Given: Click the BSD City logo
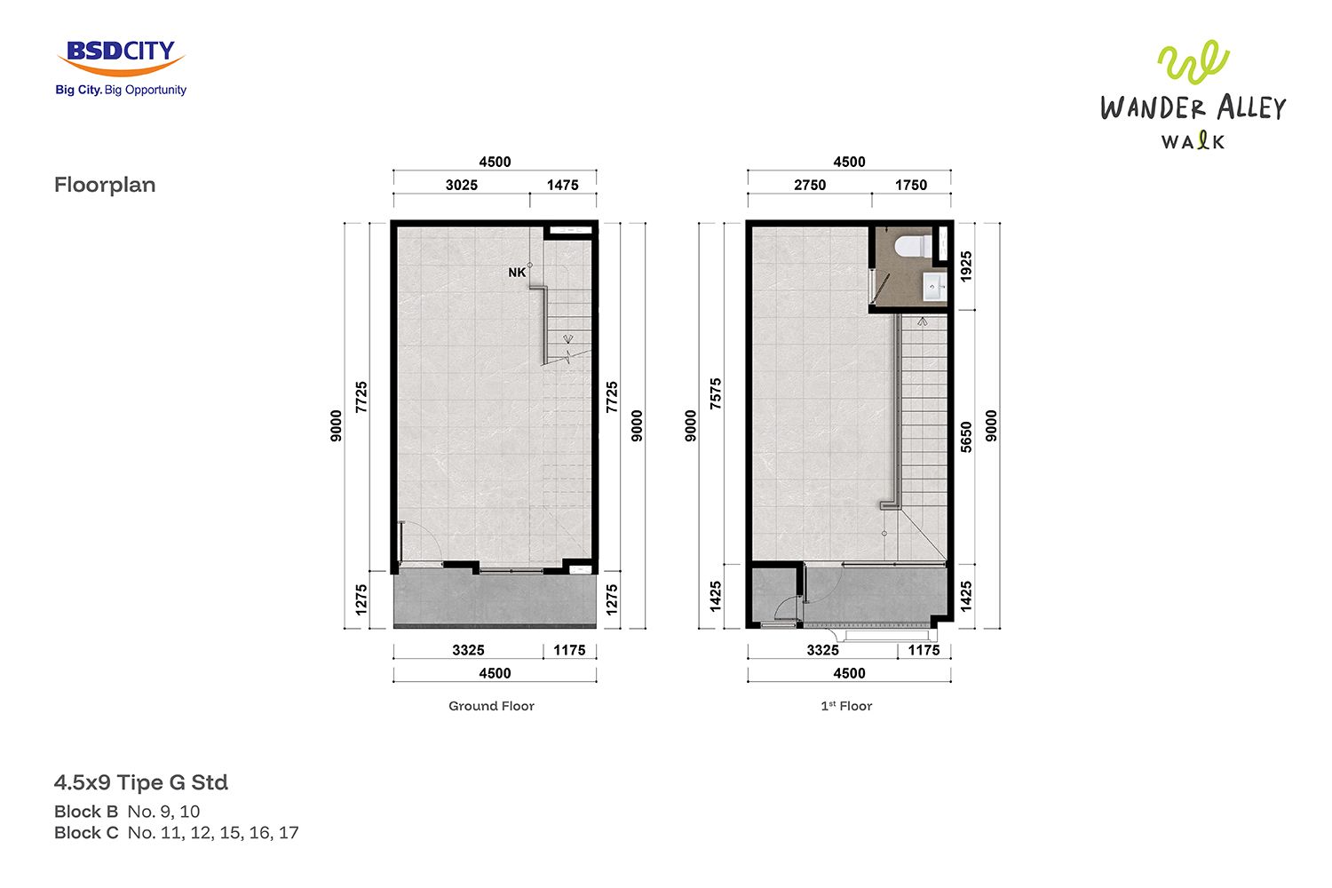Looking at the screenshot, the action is pos(121,67).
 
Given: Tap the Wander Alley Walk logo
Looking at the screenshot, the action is pos(1193,95).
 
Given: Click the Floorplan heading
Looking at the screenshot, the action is pos(105,185).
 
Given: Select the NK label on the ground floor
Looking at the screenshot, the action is pos(517,273).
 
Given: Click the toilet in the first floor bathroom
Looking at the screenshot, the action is pos(914,246).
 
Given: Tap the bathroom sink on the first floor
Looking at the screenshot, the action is pos(934,287).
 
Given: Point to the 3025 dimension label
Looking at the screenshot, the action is pos(462,185).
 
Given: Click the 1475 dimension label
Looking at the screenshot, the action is pos(562,185).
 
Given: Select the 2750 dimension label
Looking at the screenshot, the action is pos(810,185).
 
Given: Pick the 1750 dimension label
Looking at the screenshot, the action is pos(911,185).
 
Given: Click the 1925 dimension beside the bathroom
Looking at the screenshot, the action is pos(966,266).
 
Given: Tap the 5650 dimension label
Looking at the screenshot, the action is pos(966,437).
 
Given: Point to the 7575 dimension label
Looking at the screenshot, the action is pos(716,393).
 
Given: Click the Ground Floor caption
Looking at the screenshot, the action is pos(491,706).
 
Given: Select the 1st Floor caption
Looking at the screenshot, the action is pos(846,706).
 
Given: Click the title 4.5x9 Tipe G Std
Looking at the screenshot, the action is pos(141,782).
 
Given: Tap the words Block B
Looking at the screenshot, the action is pos(86,812).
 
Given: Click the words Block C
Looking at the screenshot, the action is pos(86,833).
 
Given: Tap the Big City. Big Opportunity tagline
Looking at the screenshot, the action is pos(121,90).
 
